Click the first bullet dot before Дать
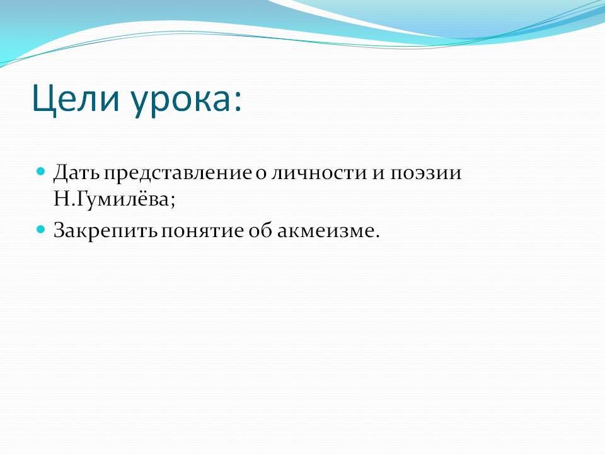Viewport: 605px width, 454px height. coord(41,171)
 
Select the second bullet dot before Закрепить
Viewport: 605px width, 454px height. coord(41,230)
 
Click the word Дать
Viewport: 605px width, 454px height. coord(76,173)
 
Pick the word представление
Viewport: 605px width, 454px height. coord(177,173)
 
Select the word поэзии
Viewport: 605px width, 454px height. coord(425,173)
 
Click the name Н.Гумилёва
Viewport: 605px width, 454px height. coord(111,200)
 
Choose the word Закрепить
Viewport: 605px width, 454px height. coord(105,231)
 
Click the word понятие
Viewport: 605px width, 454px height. coord(202,231)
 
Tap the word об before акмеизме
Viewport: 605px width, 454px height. coord(260,230)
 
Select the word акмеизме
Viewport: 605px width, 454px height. coord(326,231)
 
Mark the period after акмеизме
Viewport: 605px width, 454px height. coord(377,236)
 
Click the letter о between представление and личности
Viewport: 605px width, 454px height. coord(261,174)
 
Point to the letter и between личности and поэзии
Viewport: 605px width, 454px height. coord(378,174)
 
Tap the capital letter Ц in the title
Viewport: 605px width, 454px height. coord(43,100)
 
